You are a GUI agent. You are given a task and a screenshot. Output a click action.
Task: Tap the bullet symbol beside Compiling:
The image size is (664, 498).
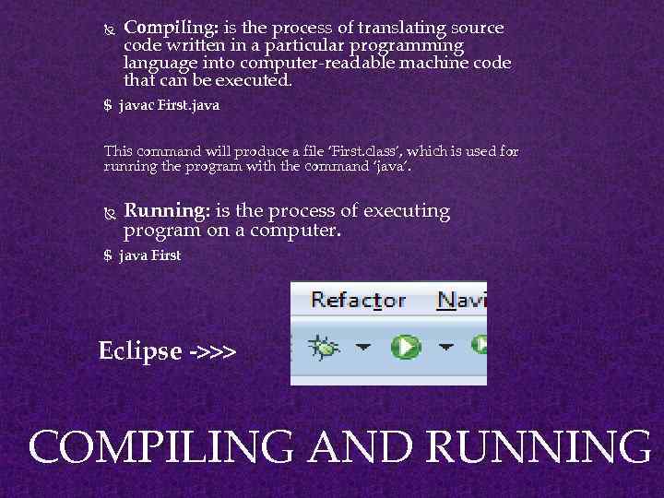(109, 29)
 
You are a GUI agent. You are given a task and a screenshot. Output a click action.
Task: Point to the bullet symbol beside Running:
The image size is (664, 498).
(109, 213)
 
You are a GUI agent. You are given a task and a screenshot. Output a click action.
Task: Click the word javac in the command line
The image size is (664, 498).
(136, 105)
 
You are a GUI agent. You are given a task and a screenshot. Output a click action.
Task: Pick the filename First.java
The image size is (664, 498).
(189, 105)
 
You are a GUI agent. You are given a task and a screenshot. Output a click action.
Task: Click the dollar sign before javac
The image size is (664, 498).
(108, 105)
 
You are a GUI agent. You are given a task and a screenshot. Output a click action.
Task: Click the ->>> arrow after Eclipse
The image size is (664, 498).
(211, 352)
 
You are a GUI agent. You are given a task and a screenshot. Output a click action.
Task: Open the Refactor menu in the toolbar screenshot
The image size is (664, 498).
(358, 301)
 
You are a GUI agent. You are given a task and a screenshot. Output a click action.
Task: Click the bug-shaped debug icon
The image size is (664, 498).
(324, 347)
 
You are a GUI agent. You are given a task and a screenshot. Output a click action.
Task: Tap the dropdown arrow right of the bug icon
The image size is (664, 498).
(363, 348)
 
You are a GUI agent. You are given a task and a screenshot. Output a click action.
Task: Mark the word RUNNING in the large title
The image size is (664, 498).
(539, 448)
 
